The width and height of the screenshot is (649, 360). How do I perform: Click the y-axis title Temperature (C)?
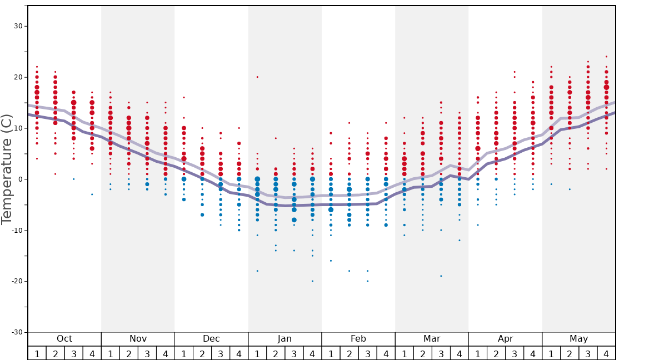[x=7, y=169]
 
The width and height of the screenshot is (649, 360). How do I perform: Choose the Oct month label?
[x=64, y=339]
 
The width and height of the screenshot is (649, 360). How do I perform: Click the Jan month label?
[x=284, y=339]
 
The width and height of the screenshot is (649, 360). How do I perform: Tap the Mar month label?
[x=432, y=339]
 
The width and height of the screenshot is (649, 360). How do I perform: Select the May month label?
[x=578, y=339]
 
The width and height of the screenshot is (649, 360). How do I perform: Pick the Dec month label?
[x=211, y=339]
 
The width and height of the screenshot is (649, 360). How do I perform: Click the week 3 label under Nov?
[x=147, y=353]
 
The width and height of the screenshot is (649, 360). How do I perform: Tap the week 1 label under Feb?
[x=331, y=353]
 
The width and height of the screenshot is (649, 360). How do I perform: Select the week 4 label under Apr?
[x=533, y=353]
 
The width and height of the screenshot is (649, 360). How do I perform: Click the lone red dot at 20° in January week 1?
[x=257, y=77]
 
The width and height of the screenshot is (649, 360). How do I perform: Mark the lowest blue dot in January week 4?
[x=312, y=281]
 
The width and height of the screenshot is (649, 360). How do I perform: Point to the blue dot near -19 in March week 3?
[x=441, y=276]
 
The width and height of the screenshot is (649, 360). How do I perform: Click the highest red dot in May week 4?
[x=606, y=56]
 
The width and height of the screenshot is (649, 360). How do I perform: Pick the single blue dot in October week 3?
[x=73, y=179]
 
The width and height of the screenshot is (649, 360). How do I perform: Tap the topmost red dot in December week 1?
[x=184, y=97]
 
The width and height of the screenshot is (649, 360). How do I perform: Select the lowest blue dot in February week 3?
[x=367, y=281]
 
